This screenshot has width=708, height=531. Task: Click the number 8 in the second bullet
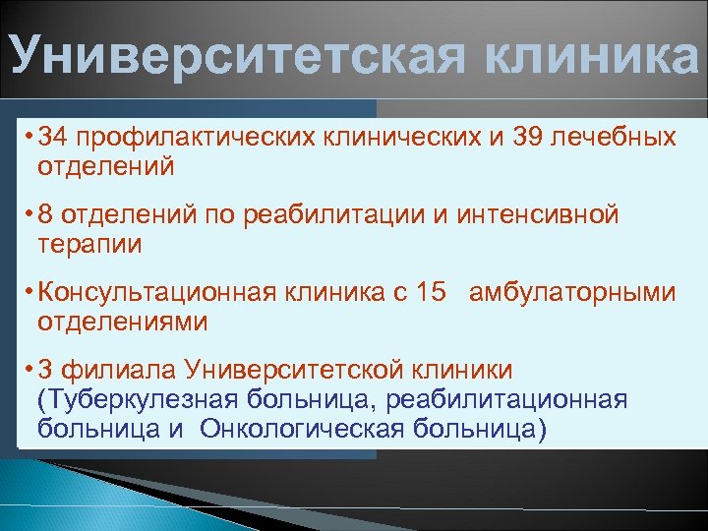[x=44, y=214]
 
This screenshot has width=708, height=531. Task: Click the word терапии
[x=89, y=244]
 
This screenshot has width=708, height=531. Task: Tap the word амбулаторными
[x=573, y=292]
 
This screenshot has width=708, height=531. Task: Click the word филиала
[x=106, y=370]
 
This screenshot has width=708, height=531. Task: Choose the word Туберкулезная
[x=129, y=399]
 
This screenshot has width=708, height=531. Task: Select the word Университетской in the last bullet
[x=302, y=370]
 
